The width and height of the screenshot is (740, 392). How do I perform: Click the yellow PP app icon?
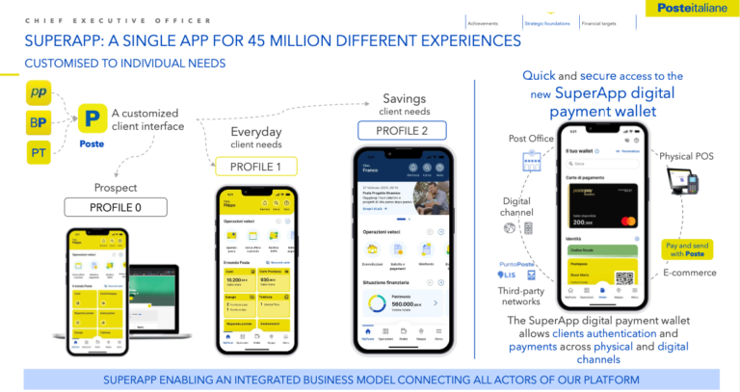39,93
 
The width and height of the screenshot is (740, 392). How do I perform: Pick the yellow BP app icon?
39,122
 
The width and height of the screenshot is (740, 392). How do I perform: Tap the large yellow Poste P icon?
92,120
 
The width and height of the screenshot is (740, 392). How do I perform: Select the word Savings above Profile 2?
404,98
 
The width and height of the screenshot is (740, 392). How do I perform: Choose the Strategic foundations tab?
547,22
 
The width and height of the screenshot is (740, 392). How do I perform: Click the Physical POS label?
691,155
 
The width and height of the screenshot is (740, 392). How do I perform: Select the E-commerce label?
690,273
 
